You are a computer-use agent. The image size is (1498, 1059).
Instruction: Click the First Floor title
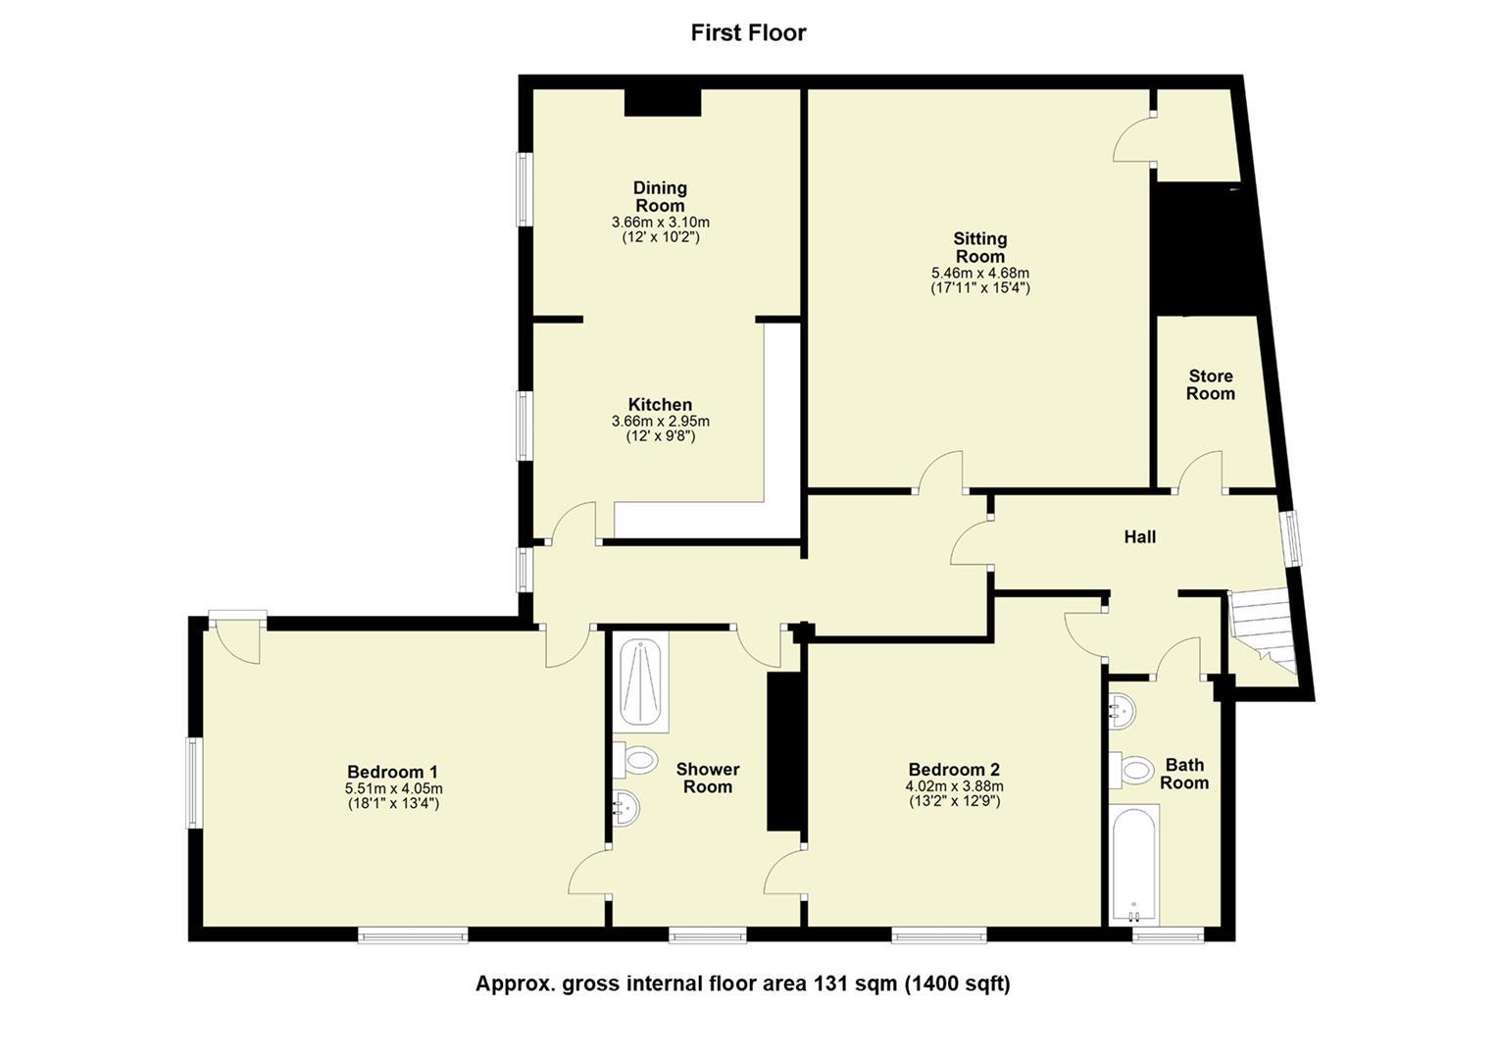click(x=748, y=32)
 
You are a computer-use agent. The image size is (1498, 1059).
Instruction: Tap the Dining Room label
click(x=660, y=196)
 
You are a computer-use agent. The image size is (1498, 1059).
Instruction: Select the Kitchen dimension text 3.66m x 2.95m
click(x=660, y=421)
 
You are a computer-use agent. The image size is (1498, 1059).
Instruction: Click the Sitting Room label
click(x=979, y=247)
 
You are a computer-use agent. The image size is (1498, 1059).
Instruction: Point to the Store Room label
click(x=1210, y=384)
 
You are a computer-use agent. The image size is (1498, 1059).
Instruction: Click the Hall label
click(x=1139, y=536)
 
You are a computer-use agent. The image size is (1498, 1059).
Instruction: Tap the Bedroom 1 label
click(x=393, y=771)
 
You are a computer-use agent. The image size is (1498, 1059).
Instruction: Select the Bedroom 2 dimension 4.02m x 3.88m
click(x=954, y=786)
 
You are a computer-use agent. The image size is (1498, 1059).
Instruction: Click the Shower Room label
click(x=707, y=778)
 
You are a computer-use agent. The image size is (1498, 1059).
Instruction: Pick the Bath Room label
click(x=1184, y=774)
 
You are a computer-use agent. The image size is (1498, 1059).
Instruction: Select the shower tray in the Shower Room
click(x=640, y=682)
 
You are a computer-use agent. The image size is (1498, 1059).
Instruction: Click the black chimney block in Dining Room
click(x=663, y=103)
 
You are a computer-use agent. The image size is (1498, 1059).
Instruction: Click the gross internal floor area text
click(x=742, y=983)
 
